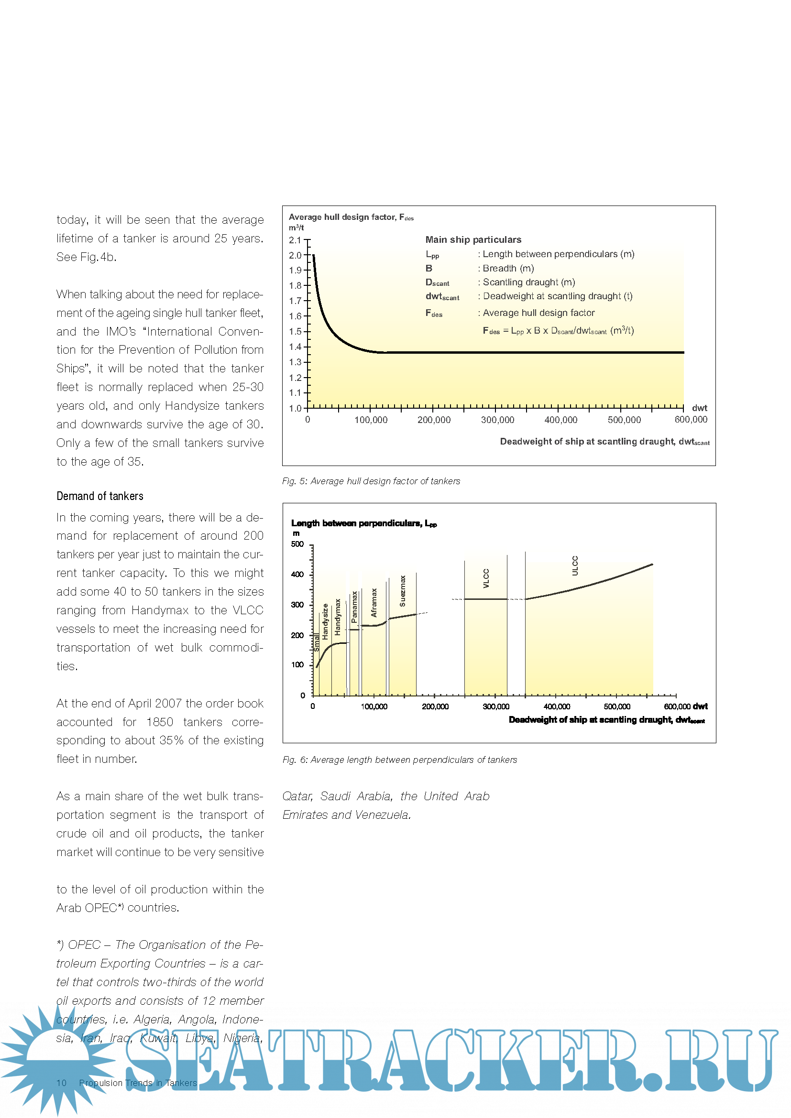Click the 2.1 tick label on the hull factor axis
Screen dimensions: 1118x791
pyautogui.click(x=295, y=240)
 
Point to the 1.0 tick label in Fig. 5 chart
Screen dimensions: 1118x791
pyautogui.click(x=295, y=408)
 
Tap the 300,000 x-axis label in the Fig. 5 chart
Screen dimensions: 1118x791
pyautogui.click(x=497, y=420)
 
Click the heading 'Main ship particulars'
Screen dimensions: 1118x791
pyautogui.click(x=473, y=239)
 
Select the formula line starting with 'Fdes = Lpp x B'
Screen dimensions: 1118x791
pyautogui.click(x=558, y=331)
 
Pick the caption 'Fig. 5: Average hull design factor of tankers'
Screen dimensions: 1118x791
pyautogui.click(x=371, y=481)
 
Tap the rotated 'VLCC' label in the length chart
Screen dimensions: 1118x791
pyautogui.click(x=486, y=578)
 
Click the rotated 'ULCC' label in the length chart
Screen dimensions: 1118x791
pyautogui.click(x=575, y=566)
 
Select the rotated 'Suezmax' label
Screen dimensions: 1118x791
pyautogui.click(x=403, y=591)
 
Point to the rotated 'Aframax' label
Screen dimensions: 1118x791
pyautogui.click(x=374, y=602)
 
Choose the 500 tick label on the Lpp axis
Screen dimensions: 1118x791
pyautogui.click(x=297, y=544)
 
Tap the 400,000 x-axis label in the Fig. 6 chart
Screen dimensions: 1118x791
pyautogui.click(x=557, y=706)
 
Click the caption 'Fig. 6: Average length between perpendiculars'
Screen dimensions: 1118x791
pyautogui.click(x=399, y=760)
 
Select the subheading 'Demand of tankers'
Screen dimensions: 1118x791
pyautogui.click(x=100, y=496)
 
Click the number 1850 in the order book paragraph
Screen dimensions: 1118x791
pyautogui.click(x=160, y=722)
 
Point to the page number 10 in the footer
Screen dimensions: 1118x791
pyautogui.click(x=61, y=1083)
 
